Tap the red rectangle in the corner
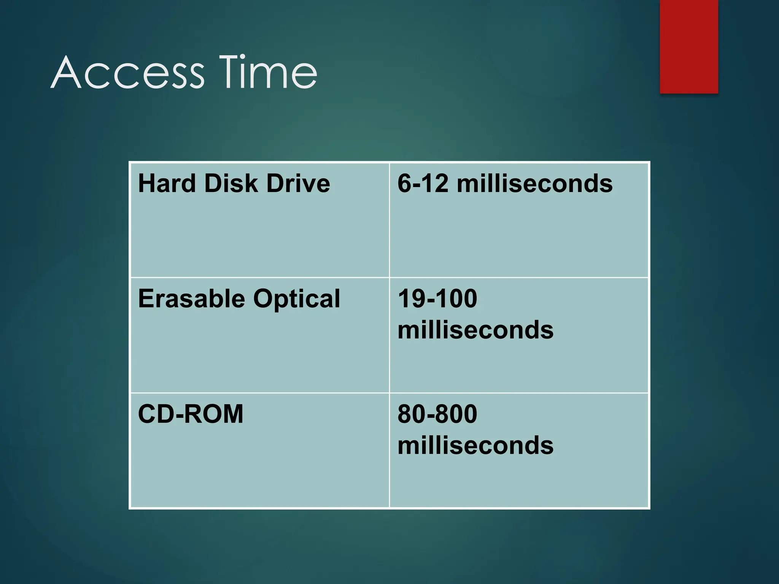click(688, 46)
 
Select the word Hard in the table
click(167, 183)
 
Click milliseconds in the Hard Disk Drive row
click(534, 183)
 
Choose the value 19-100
click(437, 299)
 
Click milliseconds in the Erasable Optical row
click(475, 330)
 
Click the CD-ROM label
click(190, 414)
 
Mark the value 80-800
click(437, 414)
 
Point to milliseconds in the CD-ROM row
click(475, 445)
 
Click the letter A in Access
click(65, 73)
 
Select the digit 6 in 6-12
click(404, 183)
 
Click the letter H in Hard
click(146, 183)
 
